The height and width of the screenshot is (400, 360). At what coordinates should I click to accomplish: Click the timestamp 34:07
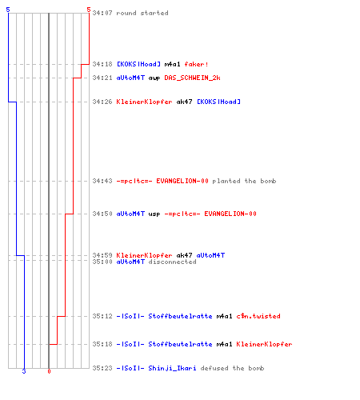click(x=102, y=13)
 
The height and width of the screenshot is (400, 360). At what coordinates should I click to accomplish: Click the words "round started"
click(x=142, y=13)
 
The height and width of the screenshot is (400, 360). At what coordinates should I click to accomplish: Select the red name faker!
click(x=196, y=64)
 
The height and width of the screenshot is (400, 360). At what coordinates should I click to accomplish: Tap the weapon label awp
click(x=154, y=78)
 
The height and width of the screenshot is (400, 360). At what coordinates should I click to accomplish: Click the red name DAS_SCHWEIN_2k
click(x=192, y=78)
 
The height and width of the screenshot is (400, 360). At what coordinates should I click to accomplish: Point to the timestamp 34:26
click(x=102, y=102)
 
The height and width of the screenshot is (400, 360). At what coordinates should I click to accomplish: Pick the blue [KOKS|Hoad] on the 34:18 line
click(x=138, y=64)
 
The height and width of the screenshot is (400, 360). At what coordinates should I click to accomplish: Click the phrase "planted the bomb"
click(x=244, y=181)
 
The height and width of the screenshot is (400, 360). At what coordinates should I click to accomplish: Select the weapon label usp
click(x=154, y=214)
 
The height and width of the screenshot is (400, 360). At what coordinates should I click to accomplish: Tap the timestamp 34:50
click(x=102, y=214)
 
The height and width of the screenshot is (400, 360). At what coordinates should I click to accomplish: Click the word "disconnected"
click(x=172, y=262)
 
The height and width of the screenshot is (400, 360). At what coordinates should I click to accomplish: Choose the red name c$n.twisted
click(x=258, y=316)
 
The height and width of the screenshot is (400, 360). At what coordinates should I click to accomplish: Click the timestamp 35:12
click(x=102, y=316)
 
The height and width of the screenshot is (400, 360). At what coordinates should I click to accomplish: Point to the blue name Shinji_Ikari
click(x=172, y=368)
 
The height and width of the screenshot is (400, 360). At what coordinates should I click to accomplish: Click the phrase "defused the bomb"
click(x=232, y=368)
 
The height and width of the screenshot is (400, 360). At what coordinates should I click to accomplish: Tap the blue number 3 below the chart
click(x=24, y=371)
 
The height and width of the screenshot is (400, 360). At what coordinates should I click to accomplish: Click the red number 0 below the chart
click(x=49, y=371)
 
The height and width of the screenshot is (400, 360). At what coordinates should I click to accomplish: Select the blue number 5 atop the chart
click(x=8, y=10)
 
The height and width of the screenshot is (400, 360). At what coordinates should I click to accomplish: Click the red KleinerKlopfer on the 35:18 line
click(x=264, y=344)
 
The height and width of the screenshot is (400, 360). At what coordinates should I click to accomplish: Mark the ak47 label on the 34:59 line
click(x=184, y=255)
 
